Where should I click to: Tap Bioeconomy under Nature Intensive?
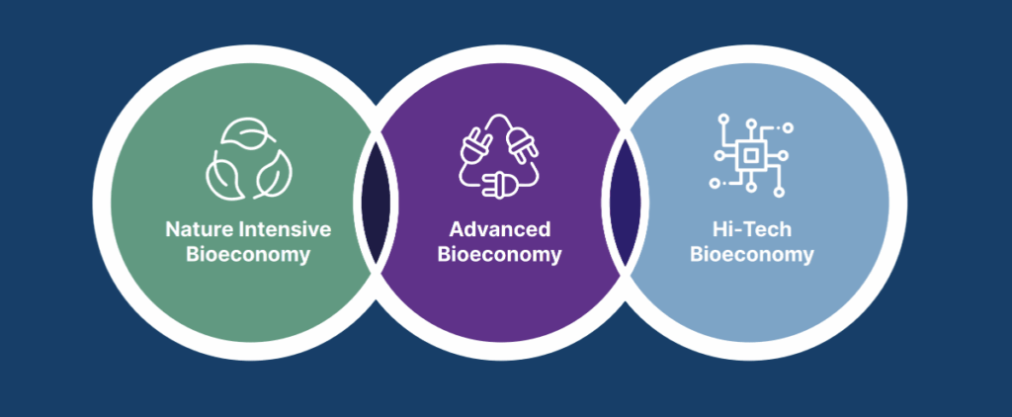(248, 254)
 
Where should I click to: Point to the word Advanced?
(500, 229)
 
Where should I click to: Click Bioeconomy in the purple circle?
(499, 254)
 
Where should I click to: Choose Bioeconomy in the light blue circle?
(752, 254)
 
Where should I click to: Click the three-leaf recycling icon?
(248, 159)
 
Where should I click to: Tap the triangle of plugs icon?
(499, 155)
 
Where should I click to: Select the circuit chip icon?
(751, 155)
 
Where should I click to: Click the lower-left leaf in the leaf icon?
(224, 173)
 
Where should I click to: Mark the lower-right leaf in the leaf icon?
(273, 174)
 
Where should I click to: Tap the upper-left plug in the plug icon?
(476, 144)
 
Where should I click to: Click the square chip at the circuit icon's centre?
(750, 155)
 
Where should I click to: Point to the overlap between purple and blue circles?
(625, 203)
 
